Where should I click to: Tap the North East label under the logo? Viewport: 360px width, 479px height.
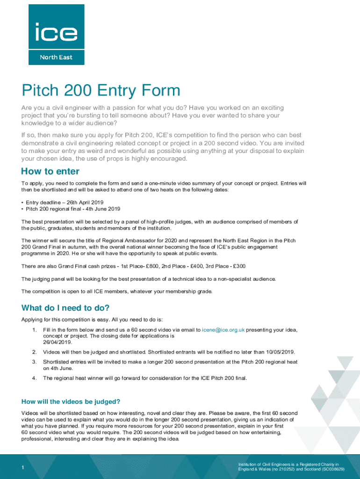[56, 58]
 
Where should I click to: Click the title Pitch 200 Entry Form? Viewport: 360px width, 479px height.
[101, 90]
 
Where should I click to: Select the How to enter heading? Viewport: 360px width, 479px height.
[50, 172]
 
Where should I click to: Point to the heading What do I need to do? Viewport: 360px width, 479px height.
[65, 308]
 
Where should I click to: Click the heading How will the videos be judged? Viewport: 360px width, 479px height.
[71, 401]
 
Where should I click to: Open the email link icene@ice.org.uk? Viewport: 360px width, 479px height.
[223, 330]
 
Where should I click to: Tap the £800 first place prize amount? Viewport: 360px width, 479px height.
[140, 266]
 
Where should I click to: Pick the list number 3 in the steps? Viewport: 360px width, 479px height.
[34, 362]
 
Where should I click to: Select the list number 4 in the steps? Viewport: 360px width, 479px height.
[34, 378]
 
